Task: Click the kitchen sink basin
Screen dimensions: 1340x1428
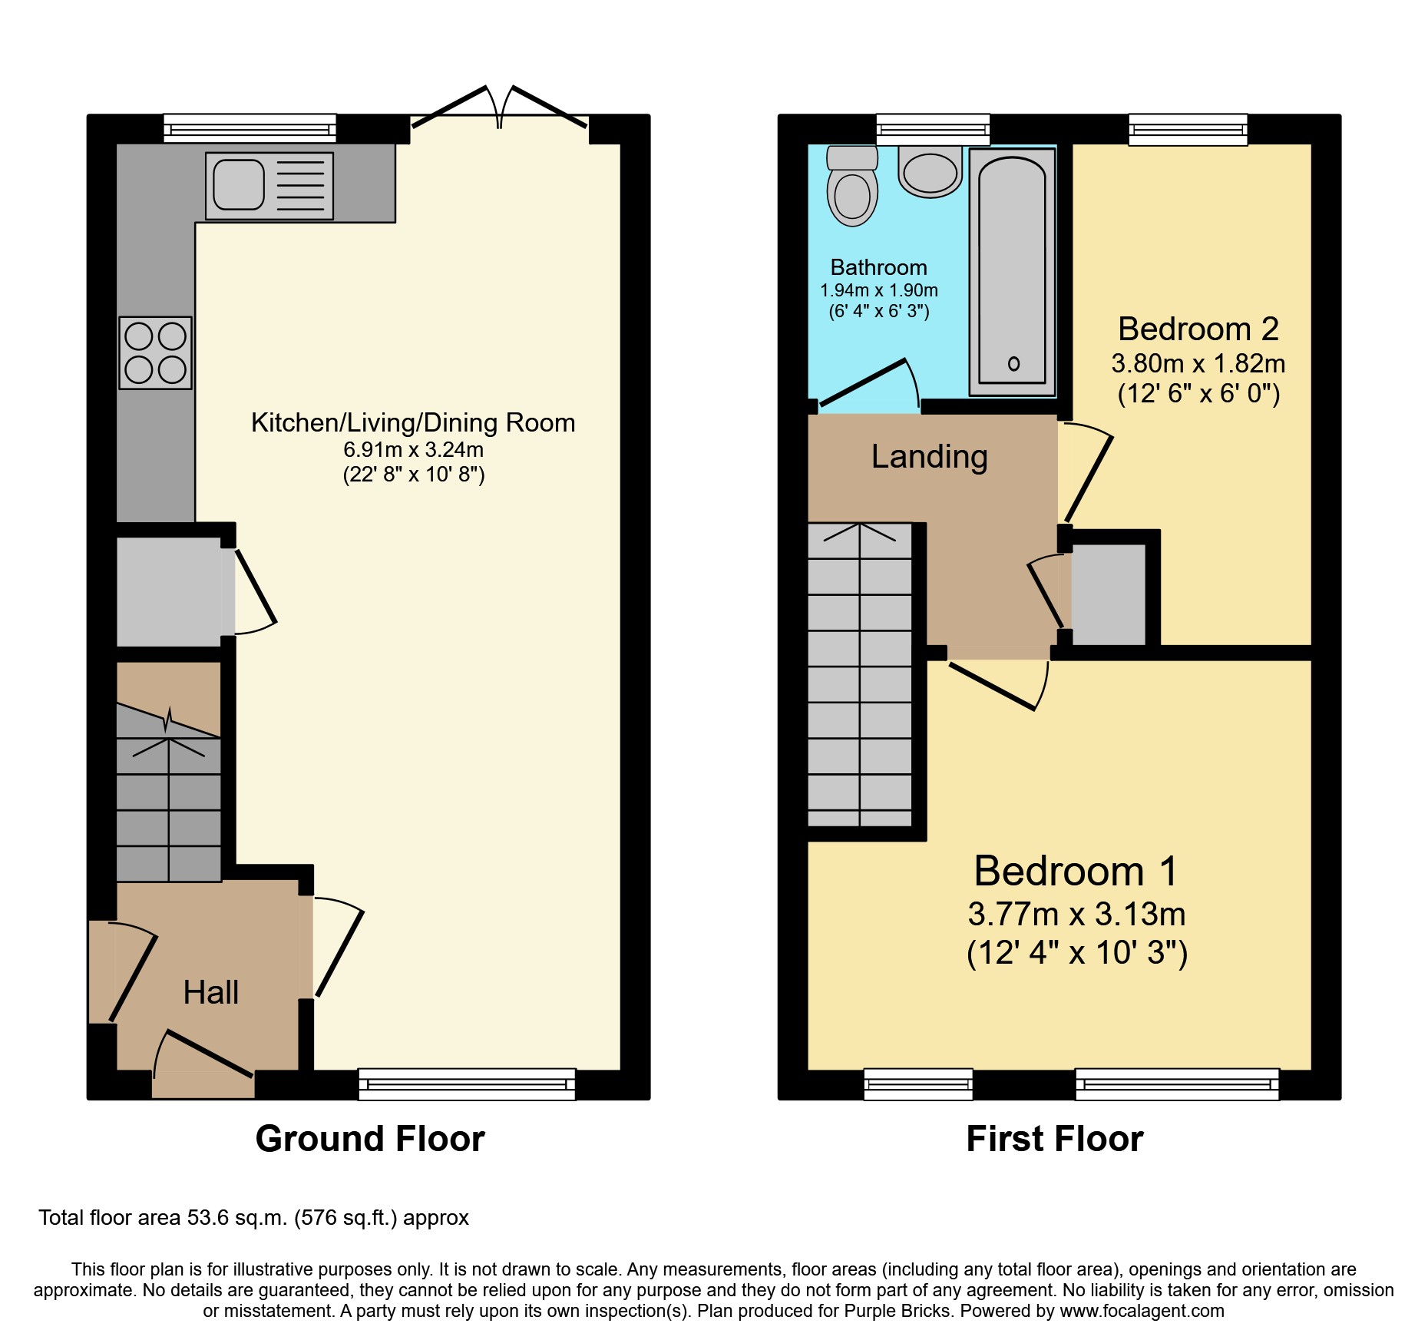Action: coord(238,184)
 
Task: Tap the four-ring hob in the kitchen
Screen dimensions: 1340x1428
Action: coord(156,353)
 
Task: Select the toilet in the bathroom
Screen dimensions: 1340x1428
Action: coord(852,188)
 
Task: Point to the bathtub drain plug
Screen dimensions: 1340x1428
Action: coord(1013,364)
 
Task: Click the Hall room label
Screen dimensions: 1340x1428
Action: coord(211,993)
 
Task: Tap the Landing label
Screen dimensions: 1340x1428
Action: coord(929,457)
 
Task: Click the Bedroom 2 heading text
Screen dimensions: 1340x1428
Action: coord(1198,329)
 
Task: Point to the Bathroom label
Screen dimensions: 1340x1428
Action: coord(878,267)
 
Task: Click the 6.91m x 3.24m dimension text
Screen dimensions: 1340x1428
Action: coord(413,450)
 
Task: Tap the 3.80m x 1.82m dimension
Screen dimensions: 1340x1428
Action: coord(1198,364)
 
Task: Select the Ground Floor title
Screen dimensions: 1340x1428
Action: coord(370,1139)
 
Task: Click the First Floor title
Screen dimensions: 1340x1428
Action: coord(1054,1139)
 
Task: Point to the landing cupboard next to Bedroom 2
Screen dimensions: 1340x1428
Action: coord(1108,594)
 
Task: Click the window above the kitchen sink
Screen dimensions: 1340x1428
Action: coord(250,128)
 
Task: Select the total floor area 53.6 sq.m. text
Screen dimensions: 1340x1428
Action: coord(253,1218)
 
